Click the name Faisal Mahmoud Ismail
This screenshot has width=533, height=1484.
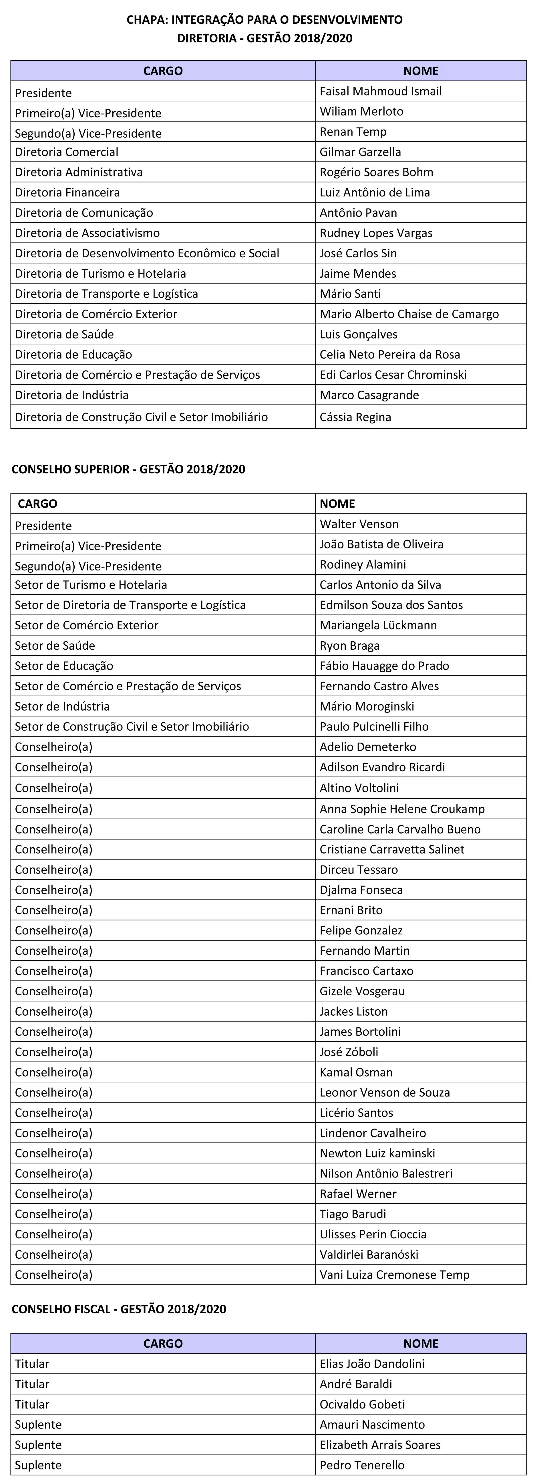tap(380, 91)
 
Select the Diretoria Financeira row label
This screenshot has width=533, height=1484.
tap(67, 192)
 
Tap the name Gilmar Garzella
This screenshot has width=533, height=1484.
tap(360, 152)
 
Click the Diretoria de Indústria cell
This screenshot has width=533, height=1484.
tap(71, 395)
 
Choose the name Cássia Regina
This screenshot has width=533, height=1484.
tap(355, 417)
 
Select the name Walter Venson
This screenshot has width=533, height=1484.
tap(359, 524)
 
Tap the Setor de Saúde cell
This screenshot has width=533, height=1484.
tap(55, 645)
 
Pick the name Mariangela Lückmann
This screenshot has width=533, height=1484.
tap(378, 625)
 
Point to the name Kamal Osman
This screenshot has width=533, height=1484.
tap(356, 1072)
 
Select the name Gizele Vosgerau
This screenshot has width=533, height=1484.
tap(362, 991)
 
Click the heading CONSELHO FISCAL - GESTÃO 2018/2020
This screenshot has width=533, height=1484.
tap(119, 1309)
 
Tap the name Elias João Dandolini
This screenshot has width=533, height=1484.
tap(372, 1364)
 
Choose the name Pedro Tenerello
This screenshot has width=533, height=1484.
tap(362, 1465)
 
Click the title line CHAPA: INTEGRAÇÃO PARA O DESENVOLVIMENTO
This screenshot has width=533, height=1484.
tap(264, 20)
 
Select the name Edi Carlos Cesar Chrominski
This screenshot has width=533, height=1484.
tap(393, 375)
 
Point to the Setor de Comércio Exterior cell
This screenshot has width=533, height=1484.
tap(86, 625)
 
